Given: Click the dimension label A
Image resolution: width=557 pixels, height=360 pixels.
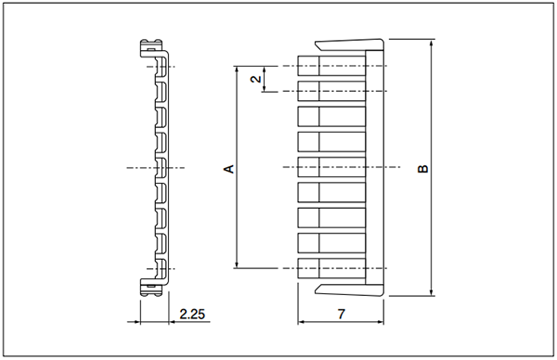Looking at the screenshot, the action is (229, 168).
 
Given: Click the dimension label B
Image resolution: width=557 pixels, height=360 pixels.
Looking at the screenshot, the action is (422, 168).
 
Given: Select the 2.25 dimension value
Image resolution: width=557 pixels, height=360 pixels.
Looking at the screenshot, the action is (192, 314).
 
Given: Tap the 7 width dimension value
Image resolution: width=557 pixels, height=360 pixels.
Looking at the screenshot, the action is (341, 314).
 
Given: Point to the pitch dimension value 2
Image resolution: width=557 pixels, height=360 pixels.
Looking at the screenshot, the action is (256, 79).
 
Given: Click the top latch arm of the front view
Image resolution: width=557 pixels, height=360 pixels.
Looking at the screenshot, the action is (349, 45).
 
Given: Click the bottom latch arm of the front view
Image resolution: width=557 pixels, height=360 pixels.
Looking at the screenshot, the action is (349, 289).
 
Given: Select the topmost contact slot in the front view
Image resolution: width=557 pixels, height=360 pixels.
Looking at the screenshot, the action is (331, 66).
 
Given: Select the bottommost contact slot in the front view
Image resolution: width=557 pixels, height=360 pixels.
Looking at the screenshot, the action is (331, 268).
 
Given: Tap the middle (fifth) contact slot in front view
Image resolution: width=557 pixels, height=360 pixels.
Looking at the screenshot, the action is (331, 167).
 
